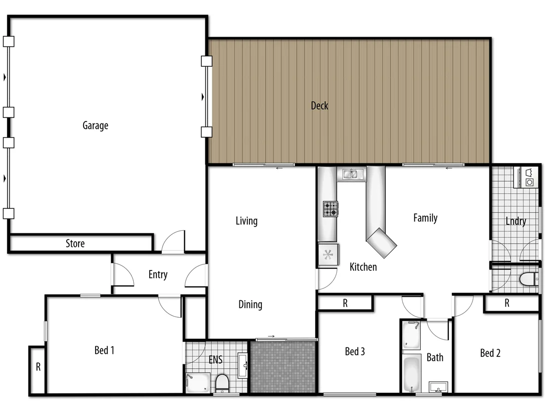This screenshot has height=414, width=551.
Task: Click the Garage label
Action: pyautogui.click(x=95, y=125)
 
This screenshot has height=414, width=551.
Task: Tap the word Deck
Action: pyautogui.click(x=320, y=105)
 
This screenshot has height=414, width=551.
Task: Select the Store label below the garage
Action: pyautogui.click(x=75, y=244)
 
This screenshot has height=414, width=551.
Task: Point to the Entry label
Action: pyautogui.click(x=158, y=274)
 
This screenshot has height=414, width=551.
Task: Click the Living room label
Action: pyautogui.click(x=246, y=221)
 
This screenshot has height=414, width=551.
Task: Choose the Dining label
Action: pyautogui.click(x=250, y=305)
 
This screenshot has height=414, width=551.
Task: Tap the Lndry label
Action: pyautogui.click(x=515, y=221)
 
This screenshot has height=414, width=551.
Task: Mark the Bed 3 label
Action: pyautogui.click(x=355, y=352)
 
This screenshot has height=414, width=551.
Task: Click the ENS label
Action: pyautogui.click(x=215, y=359)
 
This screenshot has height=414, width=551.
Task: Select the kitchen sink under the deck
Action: pyautogui.click(x=351, y=174)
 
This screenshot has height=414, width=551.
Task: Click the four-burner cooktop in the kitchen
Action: pyautogui.click(x=330, y=209)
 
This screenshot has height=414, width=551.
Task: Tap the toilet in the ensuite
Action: pyautogui.click(x=221, y=383)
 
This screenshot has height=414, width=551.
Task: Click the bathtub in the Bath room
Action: pyautogui.click(x=412, y=373)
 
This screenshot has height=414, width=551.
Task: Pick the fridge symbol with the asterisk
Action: pyautogui.click(x=328, y=255)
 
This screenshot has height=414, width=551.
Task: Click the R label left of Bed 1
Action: pyautogui.click(x=38, y=367)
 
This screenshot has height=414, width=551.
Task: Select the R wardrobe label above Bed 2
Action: pyautogui.click(x=507, y=303)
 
